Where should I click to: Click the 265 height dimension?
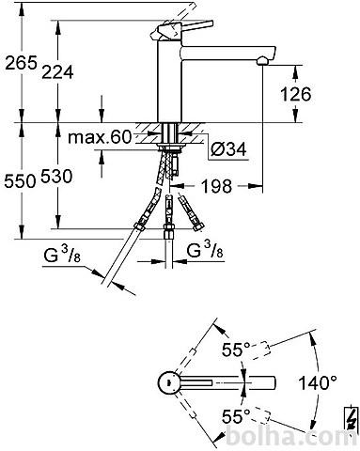[22, 63]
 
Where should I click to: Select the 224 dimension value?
[57, 72]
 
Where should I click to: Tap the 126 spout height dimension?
[296, 94]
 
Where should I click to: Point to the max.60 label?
[100, 137]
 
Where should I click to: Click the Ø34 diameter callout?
[228, 148]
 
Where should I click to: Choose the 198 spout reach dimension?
[217, 186]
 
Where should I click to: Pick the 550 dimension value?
[20, 181]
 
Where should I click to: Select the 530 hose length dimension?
[56, 176]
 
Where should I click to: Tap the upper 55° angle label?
[236, 350]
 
